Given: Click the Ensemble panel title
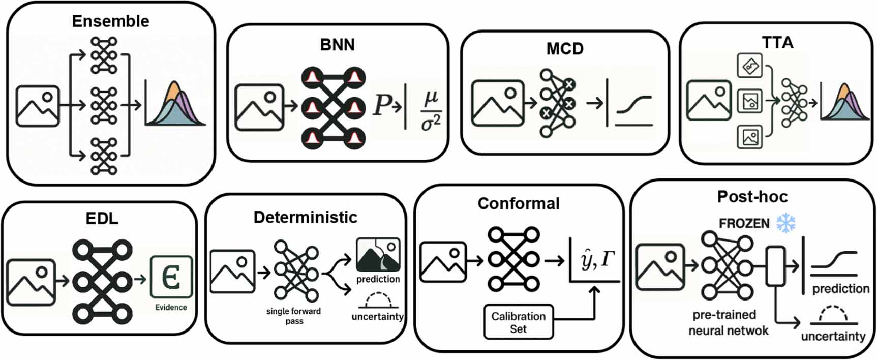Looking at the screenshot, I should click(x=110, y=21).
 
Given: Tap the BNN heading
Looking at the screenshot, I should click(x=337, y=45).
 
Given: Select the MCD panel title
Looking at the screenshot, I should click(x=565, y=49).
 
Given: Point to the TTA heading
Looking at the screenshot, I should click(x=777, y=43).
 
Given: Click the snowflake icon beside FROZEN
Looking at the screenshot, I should click(x=786, y=223).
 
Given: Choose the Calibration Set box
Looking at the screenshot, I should click(x=518, y=322).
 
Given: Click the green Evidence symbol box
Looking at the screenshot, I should click(x=171, y=277).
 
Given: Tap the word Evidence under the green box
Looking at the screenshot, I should click(x=171, y=307).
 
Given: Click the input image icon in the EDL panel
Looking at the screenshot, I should click(x=31, y=282).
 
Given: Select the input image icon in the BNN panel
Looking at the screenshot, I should click(x=259, y=107).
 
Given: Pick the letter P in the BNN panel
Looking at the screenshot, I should click(x=382, y=105).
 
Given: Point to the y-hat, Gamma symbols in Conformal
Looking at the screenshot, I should click(x=597, y=260).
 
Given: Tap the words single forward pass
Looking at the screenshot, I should click(x=293, y=316).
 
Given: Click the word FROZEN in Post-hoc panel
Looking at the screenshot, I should click(x=744, y=223).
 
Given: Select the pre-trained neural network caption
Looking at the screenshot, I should click(x=728, y=322).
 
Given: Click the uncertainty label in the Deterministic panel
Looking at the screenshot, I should click(x=377, y=316).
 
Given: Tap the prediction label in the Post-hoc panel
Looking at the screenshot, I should click(x=840, y=289).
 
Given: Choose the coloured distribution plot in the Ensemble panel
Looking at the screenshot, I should click(x=175, y=104).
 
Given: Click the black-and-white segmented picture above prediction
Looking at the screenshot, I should click(x=378, y=254).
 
